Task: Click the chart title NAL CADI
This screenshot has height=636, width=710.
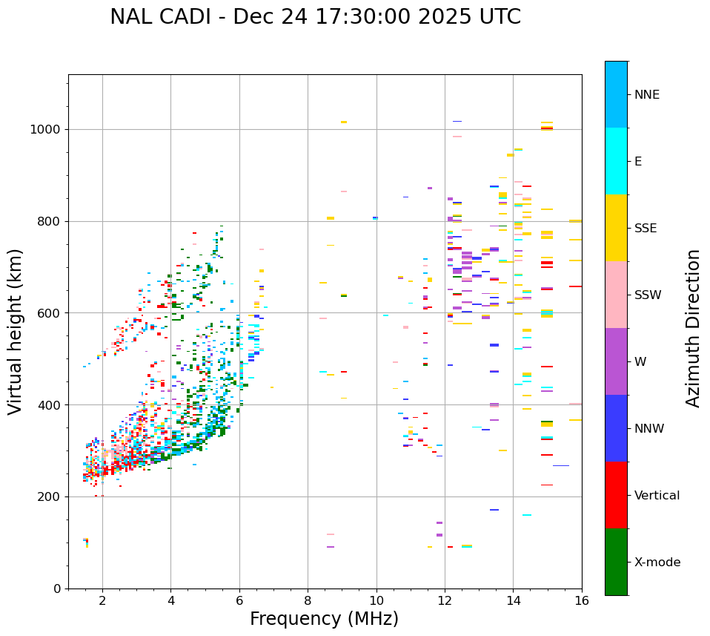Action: point(315,17)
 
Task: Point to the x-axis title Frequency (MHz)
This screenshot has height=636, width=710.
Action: point(324,619)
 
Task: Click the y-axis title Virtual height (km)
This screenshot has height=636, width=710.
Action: point(16,331)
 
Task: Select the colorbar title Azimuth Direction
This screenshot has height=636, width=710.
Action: point(693,327)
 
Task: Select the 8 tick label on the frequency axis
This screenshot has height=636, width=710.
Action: point(308,600)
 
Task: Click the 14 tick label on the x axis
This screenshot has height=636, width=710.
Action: point(513,600)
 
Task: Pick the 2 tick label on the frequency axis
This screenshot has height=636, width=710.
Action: point(102,600)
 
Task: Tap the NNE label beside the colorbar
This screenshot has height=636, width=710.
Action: point(646,94)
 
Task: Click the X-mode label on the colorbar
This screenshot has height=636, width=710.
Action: point(657,562)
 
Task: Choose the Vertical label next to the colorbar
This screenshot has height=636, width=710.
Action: point(657,495)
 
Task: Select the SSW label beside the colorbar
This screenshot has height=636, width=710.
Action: point(648,295)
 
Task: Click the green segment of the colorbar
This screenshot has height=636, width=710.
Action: point(616,562)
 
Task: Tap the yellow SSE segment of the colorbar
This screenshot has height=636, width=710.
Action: point(616,228)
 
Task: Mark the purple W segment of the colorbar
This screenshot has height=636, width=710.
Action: point(616,361)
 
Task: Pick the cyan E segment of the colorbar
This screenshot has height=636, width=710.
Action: point(616,161)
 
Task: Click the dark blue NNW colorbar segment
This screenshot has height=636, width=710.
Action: point(616,428)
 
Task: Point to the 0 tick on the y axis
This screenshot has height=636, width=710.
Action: point(56,589)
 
